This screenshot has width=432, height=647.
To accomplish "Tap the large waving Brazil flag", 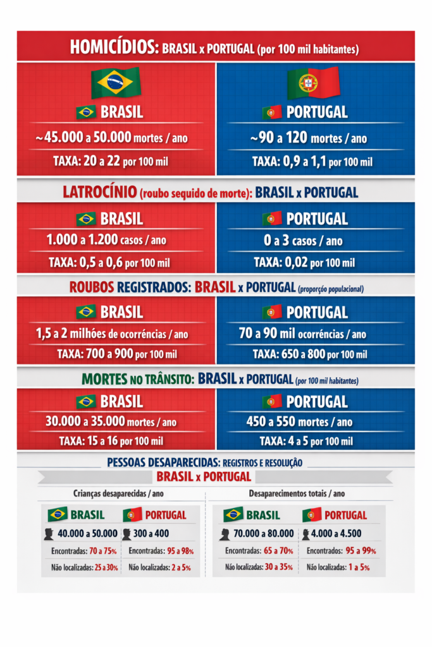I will pyautogui.click(x=115, y=82).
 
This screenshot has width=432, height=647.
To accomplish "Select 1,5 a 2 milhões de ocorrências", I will pyautogui.click(x=109, y=334).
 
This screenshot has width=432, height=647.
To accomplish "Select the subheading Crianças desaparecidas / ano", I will pyautogui.click(x=111, y=493).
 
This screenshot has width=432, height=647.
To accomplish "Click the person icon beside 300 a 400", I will pyautogui.click(x=127, y=535).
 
